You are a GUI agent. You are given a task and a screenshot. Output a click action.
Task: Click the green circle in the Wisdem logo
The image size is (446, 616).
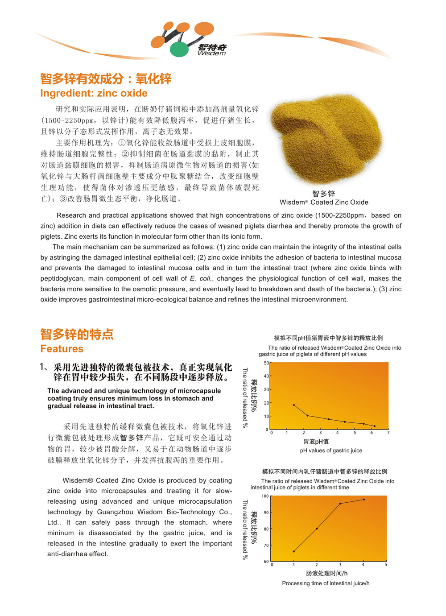tap(179, 49)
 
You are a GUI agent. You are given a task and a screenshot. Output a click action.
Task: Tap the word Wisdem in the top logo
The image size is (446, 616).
tap(212, 54)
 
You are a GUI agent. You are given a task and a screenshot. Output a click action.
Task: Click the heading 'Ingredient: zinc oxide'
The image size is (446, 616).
tap(94, 93)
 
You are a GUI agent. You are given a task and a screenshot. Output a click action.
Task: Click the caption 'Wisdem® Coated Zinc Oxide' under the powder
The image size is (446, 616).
tap(324, 202)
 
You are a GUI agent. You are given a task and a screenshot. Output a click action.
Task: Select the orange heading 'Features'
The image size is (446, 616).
tap(62, 349)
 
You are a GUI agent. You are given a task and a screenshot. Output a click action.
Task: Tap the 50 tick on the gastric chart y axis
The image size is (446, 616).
tap(266, 363)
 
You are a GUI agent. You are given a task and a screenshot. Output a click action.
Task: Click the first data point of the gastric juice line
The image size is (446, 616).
tap(294, 405)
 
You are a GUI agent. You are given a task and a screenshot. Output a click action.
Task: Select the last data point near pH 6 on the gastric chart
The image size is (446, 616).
tap(375, 426)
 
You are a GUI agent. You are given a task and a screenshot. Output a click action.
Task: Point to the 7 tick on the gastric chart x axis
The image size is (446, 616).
tap(388, 433)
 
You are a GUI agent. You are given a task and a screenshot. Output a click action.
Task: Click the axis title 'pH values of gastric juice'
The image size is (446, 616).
tap(331, 451)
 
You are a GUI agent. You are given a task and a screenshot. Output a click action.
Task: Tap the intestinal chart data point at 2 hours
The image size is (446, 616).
tap(317, 529)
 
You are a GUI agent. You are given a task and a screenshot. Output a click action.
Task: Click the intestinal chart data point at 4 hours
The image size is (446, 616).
tap(364, 500)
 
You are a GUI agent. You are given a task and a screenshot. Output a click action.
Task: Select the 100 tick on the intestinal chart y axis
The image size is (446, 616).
tap(265, 496)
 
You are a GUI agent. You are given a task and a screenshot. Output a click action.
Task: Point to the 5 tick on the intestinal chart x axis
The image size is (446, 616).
tap(386, 565)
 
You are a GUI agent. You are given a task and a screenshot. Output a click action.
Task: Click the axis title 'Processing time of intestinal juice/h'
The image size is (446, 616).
tap(326, 583)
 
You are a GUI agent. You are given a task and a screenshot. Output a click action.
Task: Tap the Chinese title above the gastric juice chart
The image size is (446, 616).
tap(328, 338)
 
